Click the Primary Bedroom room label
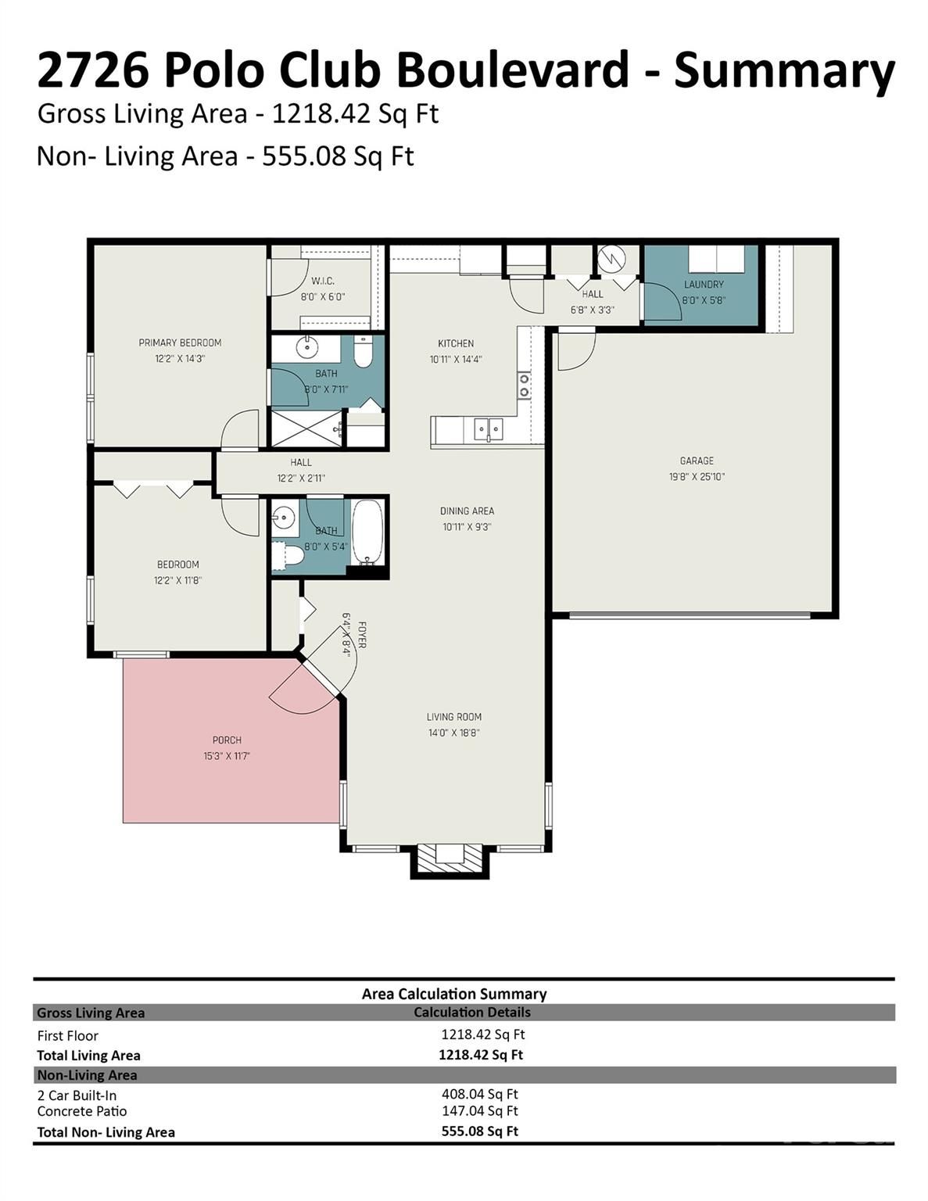[x=180, y=342]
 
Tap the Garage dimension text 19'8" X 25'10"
[x=697, y=476]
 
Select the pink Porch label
[x=227, y=740]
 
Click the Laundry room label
[x=704, y=285]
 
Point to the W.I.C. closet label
[x=323, y=281]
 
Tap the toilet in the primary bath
[x=362, y=352]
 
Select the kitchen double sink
[x=489, y=429]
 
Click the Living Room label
[x=454, y=717]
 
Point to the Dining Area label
[x=468, y=511]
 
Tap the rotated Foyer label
[x=362, y=634]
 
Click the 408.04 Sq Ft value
[x=480, y=1094]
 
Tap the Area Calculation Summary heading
[x=454, y=994]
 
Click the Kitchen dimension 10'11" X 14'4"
[x=456, y=359]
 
